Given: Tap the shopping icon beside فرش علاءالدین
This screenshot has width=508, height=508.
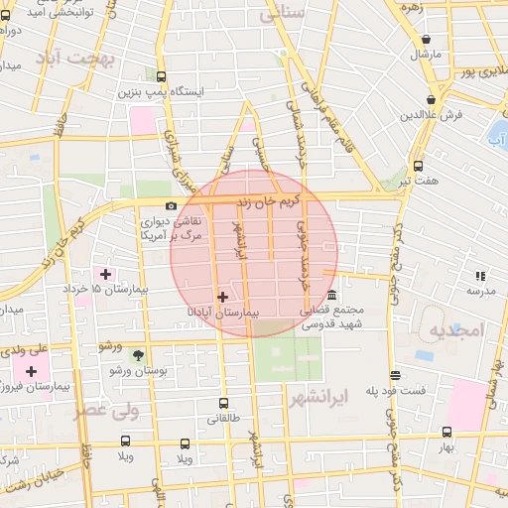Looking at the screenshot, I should click(431, 100).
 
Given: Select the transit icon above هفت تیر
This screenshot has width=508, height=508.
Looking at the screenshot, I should click(418, 166).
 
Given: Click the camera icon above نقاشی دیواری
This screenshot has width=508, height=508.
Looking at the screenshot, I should click(172, 206).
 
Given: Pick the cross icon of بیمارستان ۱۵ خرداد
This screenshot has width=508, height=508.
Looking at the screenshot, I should click(105, 273).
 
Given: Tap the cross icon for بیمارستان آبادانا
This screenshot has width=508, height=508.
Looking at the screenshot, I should click(222, 297).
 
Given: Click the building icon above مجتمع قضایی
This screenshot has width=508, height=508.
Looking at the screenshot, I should click(331, 296).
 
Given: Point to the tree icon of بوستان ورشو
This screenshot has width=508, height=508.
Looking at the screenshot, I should click(138, 354).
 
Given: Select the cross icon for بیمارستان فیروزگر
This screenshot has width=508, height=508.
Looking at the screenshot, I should click(32, 370).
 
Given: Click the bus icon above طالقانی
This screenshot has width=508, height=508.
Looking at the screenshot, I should click(222, 404).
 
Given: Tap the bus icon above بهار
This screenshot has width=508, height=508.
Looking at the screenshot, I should click(446, 433).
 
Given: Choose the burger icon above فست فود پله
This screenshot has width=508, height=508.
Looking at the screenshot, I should click(396, 375).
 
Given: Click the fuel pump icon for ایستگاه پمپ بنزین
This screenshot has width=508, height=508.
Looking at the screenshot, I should click(162, 75).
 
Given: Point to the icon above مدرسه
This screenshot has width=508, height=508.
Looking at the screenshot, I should click(480, 276).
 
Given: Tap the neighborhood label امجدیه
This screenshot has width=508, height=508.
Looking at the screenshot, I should click(455, 329).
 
